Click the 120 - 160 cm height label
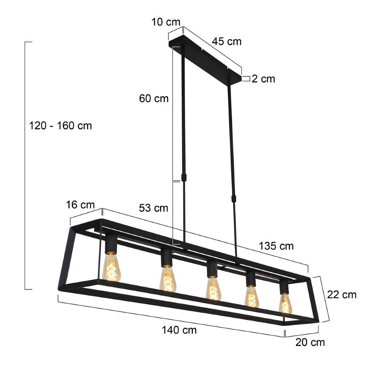(60, 126)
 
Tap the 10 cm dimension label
(166, 22)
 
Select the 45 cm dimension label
(227, 41)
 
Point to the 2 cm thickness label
(263, 79)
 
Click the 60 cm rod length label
(154, 99)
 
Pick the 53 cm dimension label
(154, 208)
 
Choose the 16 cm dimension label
(80, 205)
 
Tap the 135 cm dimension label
(276, 246)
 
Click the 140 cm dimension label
(179, 330)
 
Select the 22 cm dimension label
(342, 294)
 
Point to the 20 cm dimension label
(310, 342)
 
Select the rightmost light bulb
(285, 303)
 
